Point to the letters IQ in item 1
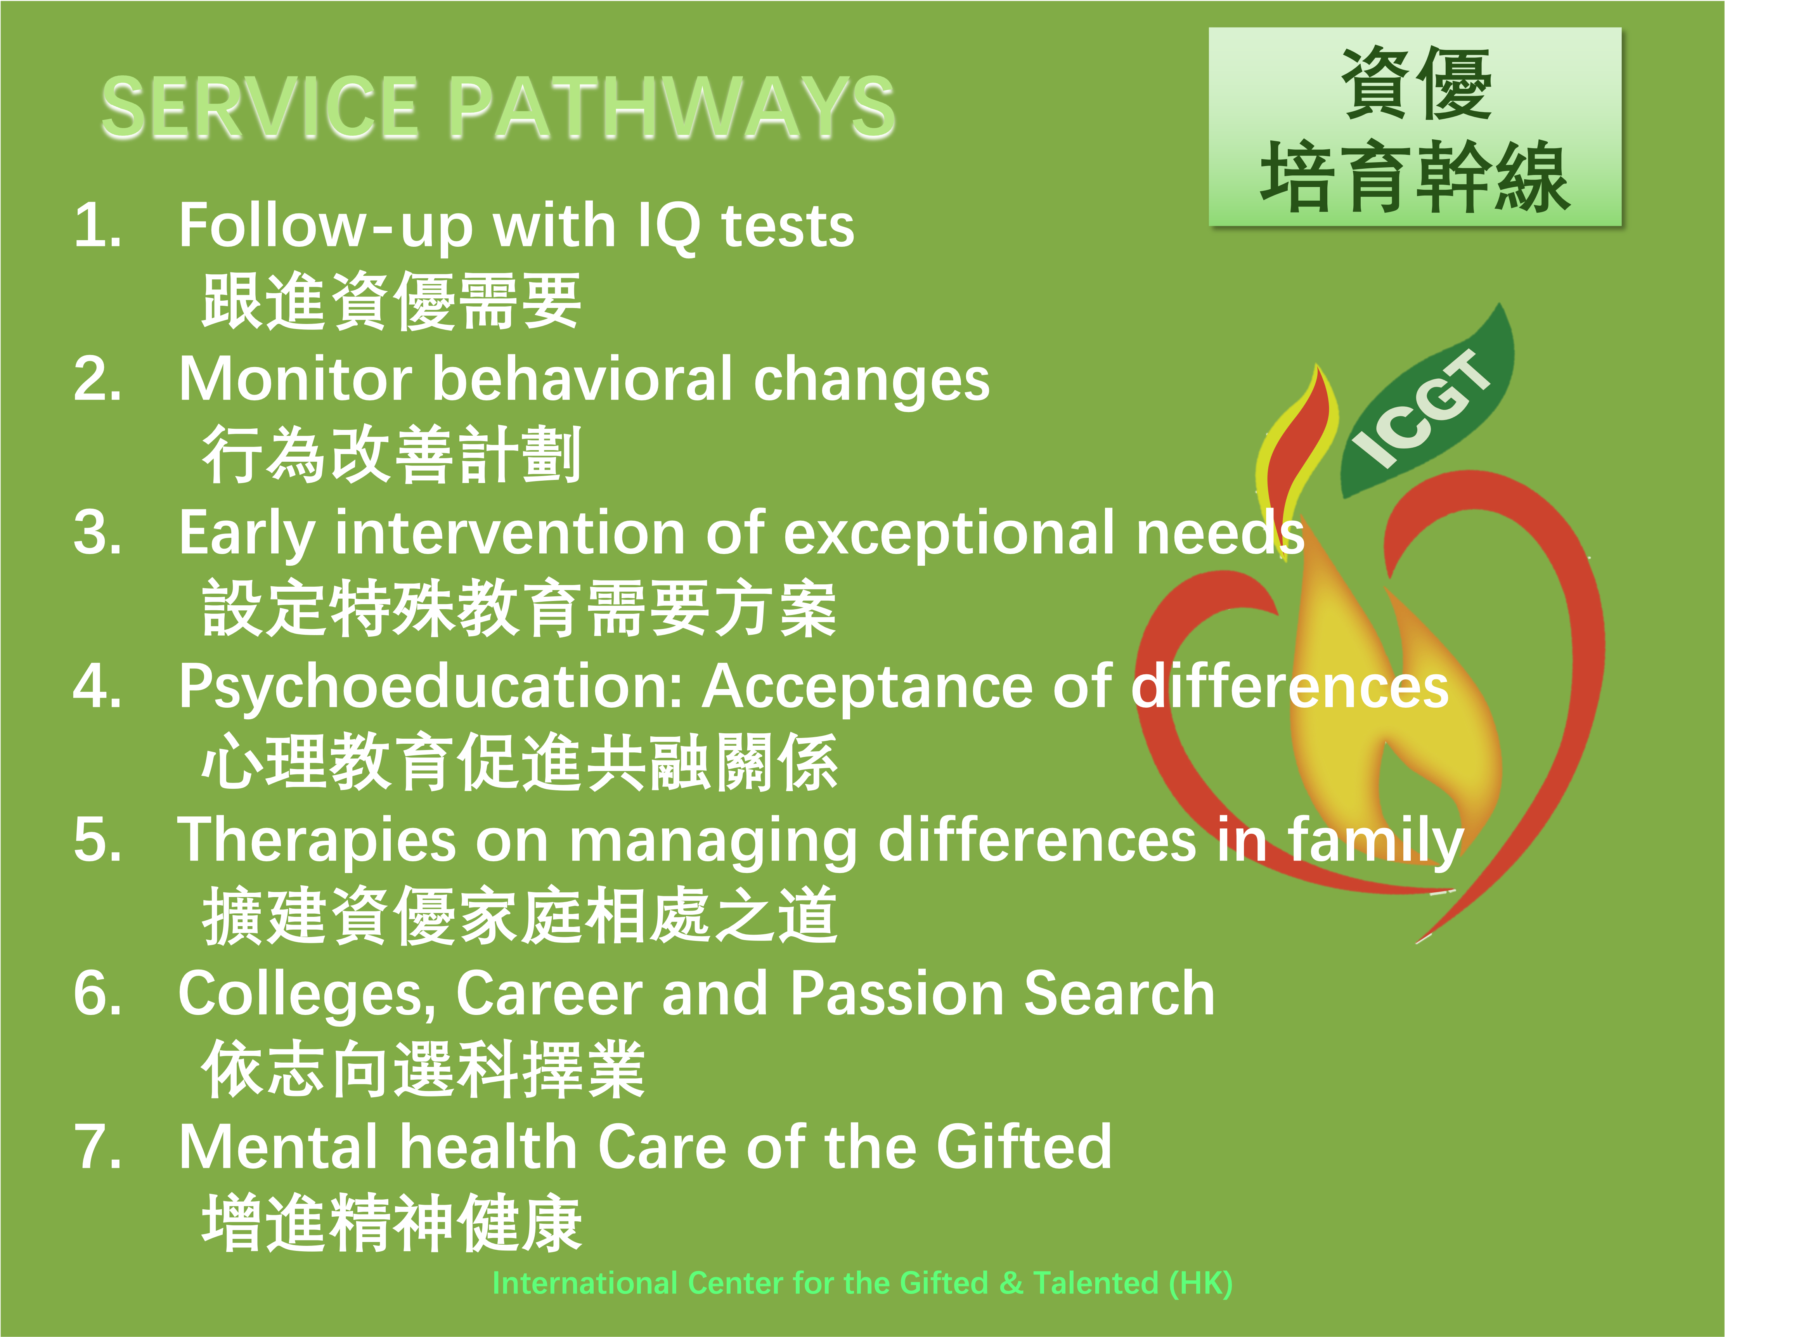(669, 227)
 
